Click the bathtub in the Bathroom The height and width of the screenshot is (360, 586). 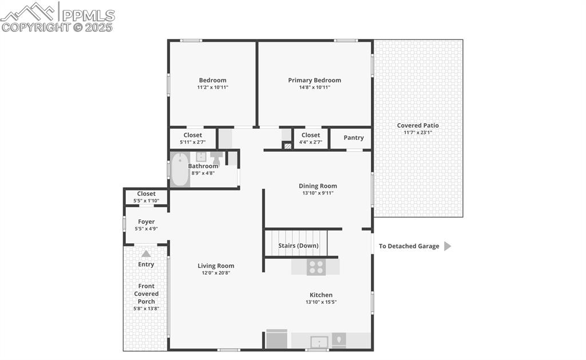[x=180, y=169]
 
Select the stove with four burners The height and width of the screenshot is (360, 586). [x=316, y=267]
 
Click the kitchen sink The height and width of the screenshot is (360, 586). [x=319, y=341]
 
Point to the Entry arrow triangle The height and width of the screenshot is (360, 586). [x=146, y=254]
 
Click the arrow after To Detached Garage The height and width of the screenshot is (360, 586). [x=448, y=246]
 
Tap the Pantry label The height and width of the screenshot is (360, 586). [x=354, y=137]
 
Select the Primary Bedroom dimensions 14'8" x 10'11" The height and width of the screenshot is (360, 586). [x=314, y=88]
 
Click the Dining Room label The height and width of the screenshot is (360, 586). [x=318, y=186]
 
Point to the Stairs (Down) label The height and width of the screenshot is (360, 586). [x=298, y=246]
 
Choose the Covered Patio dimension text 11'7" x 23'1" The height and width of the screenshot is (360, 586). [x=418, y=132]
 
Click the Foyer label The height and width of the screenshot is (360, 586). [x=146, y=221]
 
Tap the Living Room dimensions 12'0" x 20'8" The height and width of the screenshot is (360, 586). [x=216, y=273]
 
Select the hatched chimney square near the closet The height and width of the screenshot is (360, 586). [x=287, y=146]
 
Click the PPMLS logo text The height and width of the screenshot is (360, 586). [x=88, y=15]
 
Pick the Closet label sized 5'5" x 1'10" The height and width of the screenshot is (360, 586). [x=146, y=193]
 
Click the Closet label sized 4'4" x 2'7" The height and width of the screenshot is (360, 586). [x=311, y=135]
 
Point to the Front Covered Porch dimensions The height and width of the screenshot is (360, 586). [x=146, y=308]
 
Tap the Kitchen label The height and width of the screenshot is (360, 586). [x=321, y=295]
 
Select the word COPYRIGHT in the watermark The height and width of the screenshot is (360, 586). [x=36, y=27]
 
